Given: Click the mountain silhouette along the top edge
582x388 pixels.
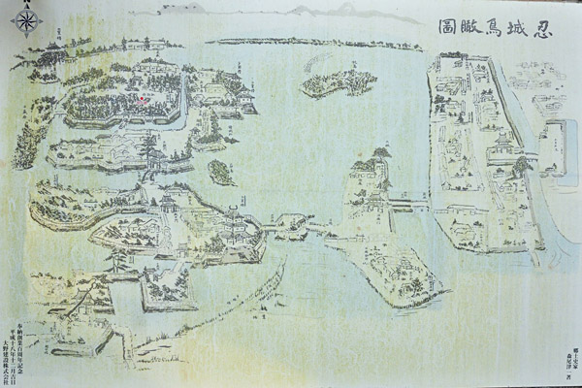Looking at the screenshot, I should [320, 10].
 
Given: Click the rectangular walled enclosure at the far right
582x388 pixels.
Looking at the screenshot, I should [555, 145].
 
